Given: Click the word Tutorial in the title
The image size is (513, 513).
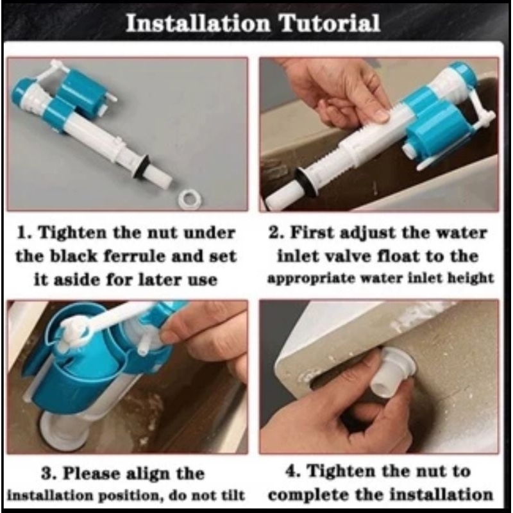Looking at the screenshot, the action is (x=330, y=23).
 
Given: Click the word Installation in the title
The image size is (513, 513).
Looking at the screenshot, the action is (x=198, y=23).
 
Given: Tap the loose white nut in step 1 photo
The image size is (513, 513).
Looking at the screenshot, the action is (x=190, y=199).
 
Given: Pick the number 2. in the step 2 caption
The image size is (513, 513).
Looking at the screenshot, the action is (x=278, y=233).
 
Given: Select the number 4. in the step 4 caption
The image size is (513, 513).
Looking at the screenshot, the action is (x=293, y=471).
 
